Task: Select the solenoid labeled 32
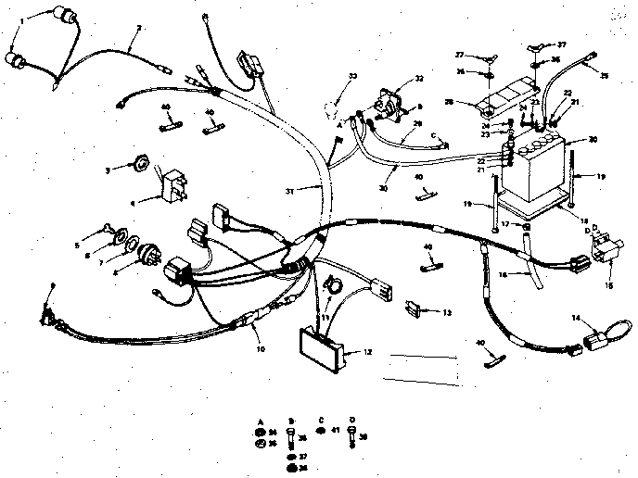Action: click(389, 103)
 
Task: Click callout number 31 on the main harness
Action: click(288, 191)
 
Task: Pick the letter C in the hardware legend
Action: click(321, 421)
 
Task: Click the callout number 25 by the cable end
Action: click(606, 75)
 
